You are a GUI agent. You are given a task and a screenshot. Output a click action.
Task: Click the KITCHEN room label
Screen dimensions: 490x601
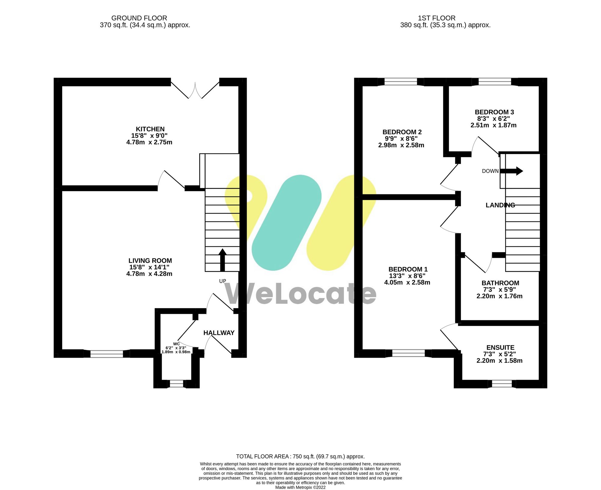[x=150, y=129]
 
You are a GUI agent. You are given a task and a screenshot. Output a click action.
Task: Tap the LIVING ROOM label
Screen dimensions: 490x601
[x=150, y=261]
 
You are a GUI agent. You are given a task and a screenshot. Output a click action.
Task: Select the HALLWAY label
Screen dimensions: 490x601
[x=219, y=333]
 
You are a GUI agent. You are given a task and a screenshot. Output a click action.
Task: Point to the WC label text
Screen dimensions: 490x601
[x=176, y=344]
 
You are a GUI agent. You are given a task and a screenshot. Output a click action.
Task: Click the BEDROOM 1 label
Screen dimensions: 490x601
[x=408, y=269]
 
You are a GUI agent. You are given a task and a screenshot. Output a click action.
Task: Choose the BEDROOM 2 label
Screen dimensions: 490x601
[x=402, y=132]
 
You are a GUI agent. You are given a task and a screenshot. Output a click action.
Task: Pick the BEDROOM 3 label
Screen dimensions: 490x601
[x=494, y=112]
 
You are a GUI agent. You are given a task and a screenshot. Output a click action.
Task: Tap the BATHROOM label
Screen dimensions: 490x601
[x=500, y=283]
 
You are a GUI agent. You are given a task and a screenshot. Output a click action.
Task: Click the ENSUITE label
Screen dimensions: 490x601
[x=500, y=348]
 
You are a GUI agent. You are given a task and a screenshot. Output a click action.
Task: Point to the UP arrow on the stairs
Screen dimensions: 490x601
[x=222, y=260]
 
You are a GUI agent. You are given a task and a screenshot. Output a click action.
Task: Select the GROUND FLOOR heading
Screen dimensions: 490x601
[x=139, y=18]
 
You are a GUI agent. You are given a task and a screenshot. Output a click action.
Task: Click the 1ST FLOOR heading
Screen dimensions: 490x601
[x=436, y=18]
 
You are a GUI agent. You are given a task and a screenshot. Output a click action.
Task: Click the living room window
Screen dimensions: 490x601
[x=107, y=354]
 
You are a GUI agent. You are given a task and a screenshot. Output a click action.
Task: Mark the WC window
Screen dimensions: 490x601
[x=176, y=384]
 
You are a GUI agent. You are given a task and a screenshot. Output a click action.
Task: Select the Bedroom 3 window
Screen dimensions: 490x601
[x=495, y=82]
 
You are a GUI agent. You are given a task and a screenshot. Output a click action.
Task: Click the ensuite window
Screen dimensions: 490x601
[x=502, y=384]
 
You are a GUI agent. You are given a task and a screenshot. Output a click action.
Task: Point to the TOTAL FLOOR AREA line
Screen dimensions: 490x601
[x=300, y=456]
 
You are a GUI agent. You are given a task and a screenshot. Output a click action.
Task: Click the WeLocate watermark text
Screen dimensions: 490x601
[x=300, y=294]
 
